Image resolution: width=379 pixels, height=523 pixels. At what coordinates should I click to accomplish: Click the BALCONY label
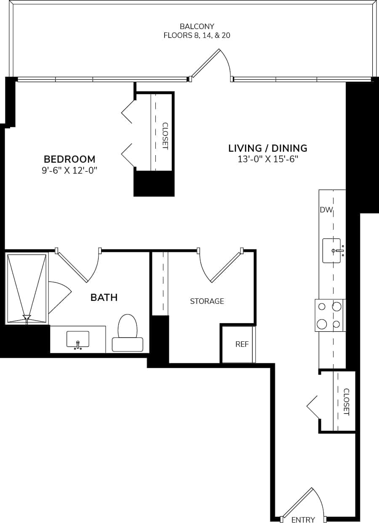coord(197,27)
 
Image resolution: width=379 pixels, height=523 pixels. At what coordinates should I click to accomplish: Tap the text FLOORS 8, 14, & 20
coord(197,35)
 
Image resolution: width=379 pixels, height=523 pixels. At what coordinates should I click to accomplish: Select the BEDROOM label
coord(69,159)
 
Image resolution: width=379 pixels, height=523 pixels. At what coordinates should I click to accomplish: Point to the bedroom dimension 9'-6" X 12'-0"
coord(69,170)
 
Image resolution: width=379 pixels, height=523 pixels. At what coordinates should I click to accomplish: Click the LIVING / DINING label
coord(267,148)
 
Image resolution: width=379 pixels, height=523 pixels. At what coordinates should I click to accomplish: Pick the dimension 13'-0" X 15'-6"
coord(267,159)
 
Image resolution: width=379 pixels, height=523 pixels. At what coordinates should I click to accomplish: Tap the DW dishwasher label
coord(326,210)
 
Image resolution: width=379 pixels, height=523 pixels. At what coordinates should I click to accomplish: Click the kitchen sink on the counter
coord(332,251)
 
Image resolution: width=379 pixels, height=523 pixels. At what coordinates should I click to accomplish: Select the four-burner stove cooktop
coord(330,315)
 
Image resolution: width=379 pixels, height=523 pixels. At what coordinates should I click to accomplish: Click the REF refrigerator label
coord(242,344)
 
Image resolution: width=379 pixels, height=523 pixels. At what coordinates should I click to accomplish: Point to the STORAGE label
coord(207,301)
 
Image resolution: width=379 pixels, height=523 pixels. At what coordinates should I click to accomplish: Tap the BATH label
coord(104,298)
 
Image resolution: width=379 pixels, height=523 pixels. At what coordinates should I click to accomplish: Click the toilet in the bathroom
coord(128,333)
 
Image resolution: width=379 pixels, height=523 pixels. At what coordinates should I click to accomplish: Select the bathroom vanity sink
coord(78,339)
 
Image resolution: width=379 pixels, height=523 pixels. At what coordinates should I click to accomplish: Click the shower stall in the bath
coord(27,289)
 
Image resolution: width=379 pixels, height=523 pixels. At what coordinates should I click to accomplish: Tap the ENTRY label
coord(303,520)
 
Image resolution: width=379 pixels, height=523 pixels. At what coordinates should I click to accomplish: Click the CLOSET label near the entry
coord(346,402)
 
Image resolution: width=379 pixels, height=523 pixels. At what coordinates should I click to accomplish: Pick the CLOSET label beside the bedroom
coord(165,136)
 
